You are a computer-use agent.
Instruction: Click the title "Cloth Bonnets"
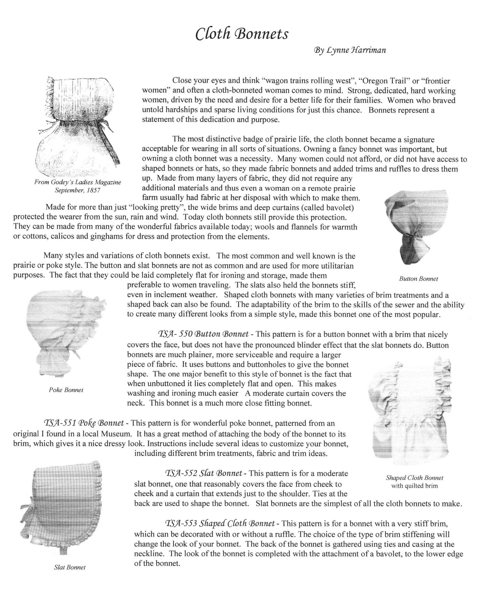[242, 34]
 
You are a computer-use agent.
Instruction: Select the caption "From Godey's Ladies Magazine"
[78, 182]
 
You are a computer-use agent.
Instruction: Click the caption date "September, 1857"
[77, 190]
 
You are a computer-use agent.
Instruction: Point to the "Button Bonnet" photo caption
[418, 279]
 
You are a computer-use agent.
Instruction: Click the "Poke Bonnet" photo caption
[66, 390]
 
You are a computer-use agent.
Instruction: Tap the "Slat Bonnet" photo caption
[70, 567]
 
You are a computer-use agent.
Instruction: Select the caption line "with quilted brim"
[414, 485]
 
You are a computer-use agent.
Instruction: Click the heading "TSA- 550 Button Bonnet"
[203, 334]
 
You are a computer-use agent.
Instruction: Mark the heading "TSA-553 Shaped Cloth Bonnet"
[220, 523]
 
